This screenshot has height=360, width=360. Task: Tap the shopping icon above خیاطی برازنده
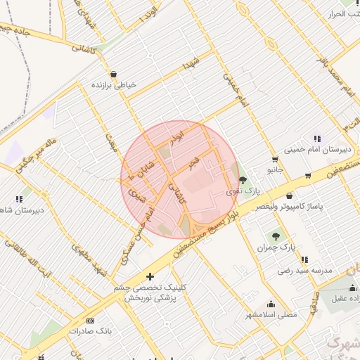tap(113, 74)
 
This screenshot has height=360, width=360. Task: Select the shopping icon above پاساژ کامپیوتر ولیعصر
tap(290, 195)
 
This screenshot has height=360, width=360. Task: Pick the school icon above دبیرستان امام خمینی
tap(317, 139)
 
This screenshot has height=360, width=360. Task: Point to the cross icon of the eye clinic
tap(149, 276)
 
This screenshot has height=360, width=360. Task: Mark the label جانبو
tap(275, 169)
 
